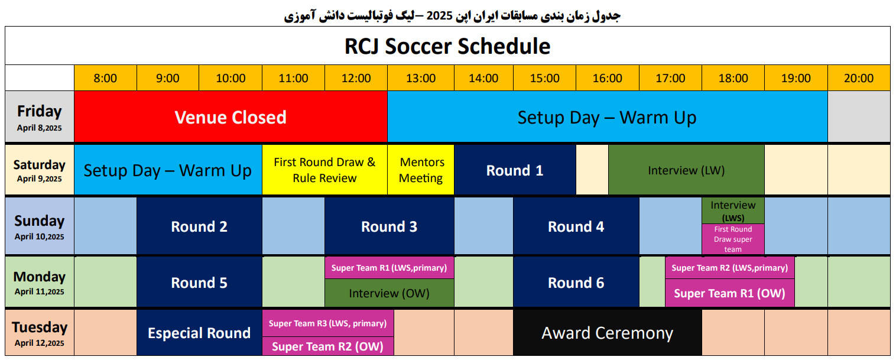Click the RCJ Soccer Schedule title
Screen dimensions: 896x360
pyautogui.click(x=447, y=46)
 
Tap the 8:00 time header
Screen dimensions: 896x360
pyautogui.click(x=105, y=78)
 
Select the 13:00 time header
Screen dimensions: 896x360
pyautogui.click(x=421, y=78)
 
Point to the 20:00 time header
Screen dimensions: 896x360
pyautogui.click(x=859, y=78)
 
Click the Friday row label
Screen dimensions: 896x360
pyautogui.click(x=39, y=116)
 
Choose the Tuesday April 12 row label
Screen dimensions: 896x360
pyautogui.click(x=39, y=332)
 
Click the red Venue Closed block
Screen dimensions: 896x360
pyautogui.click(x=231, y=116)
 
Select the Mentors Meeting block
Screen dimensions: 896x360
pyautogui.click(x=421, y=170)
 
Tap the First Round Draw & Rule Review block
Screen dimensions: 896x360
pyautogui.click(x=324, y=170)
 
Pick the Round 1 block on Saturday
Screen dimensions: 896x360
pyautogui.click(x=515, y=170)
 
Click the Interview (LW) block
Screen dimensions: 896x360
pyautogui.click(x=686, y=170)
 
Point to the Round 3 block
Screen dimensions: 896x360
pyautogui.click(x=389, y=226)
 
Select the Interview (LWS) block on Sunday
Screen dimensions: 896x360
pyautogui.click(x=733, y=211)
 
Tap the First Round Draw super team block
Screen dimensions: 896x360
pyautogui.click(x=733, y=239)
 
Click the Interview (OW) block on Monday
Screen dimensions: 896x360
pyautogui.click(x=389, y=293)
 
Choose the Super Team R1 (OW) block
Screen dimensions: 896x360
pyautogui.click(x=729, y=293)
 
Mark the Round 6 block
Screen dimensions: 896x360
pyautogui.click(x=576, y=282)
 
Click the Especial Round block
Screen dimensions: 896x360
pyautogui.click(x=199, y=332)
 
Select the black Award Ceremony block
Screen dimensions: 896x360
pyautogui.click(x=607, y=332)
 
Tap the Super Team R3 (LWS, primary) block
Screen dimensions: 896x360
pyautogui.click(x=327, y=323)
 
